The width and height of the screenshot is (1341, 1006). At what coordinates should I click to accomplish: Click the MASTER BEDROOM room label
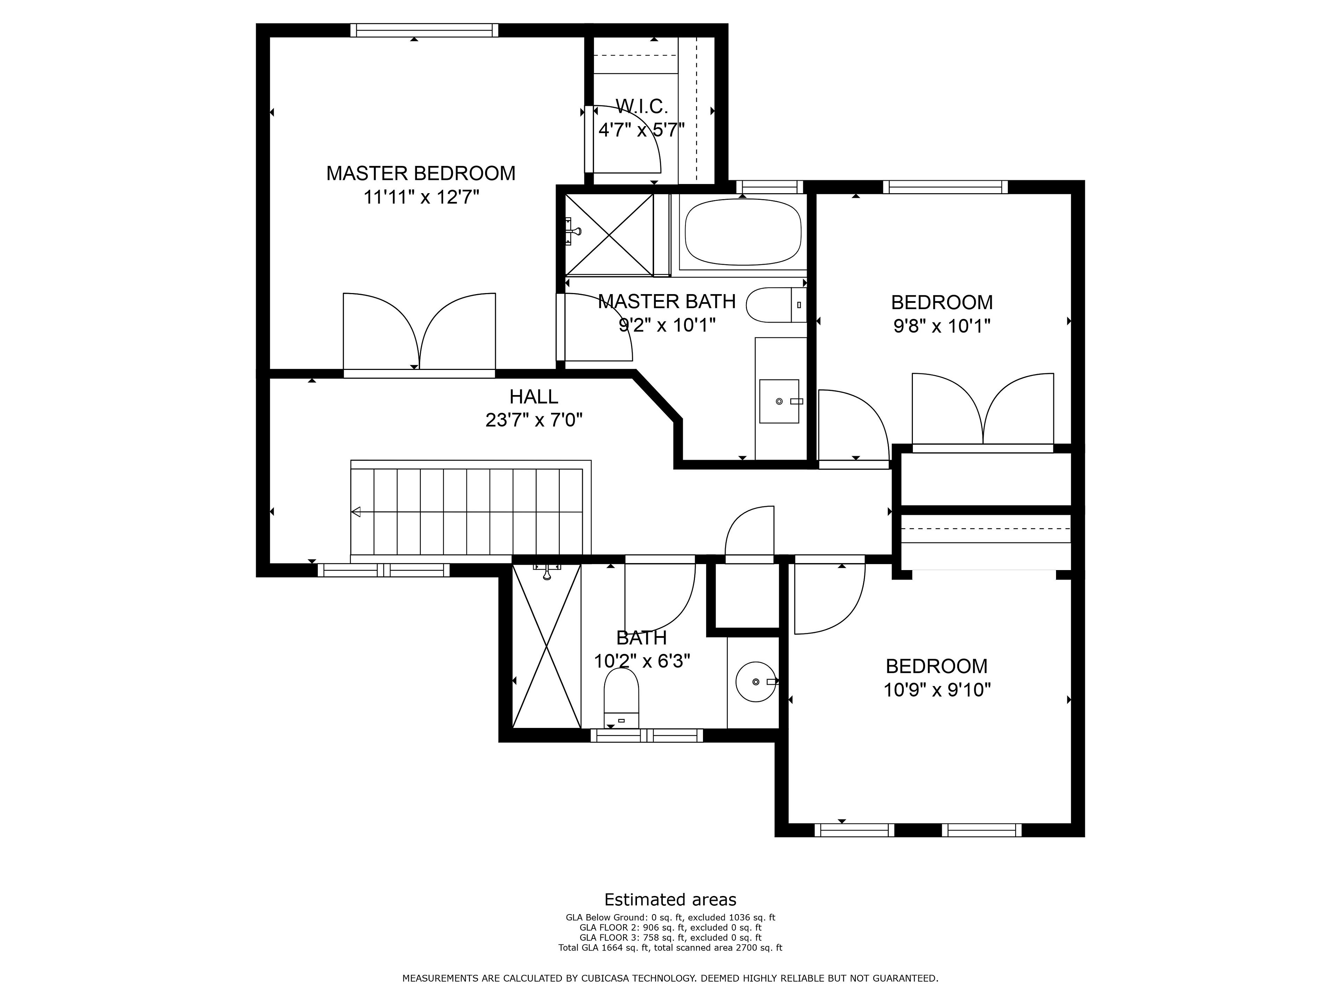tap(421, 173)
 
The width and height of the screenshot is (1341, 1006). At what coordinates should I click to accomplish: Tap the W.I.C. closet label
tap(642, 107)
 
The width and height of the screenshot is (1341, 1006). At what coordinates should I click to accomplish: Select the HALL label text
tap(534, 396)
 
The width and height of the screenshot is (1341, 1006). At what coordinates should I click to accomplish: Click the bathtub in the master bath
tap(743, 232)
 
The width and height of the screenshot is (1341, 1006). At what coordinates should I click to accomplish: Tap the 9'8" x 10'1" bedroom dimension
tap(941, 326)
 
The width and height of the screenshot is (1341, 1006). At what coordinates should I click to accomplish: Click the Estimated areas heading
tap(670, 899)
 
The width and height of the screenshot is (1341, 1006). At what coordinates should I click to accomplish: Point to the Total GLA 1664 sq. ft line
tap(670, 947)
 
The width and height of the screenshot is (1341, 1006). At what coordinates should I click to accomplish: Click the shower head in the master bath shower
tap(573, 231)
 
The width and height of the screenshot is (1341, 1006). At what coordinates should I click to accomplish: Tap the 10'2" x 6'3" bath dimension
tap(642, 661)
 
